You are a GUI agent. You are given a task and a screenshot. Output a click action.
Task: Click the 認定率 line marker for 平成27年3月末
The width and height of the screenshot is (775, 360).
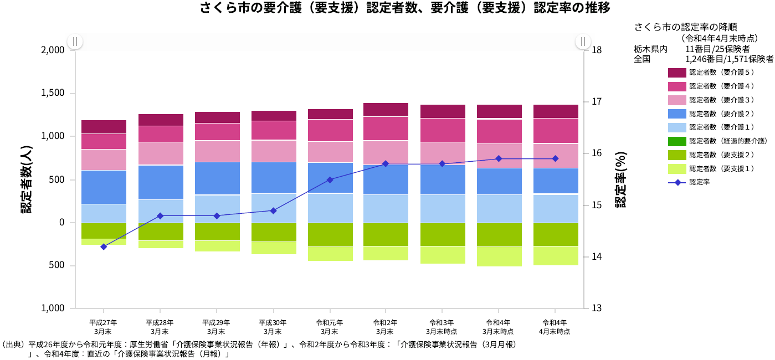pyautogui.click(x=104, y=246)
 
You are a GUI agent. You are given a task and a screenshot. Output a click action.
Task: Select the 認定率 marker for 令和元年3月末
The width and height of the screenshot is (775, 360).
pyautogui.click(x=330, y=179)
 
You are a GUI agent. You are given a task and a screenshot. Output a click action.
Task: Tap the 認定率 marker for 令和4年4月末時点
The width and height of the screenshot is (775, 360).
pyautogui.click(x=555, y=158)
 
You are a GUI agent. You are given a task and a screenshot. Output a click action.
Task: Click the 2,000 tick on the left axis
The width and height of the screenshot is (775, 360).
pyautogui.click(x=53, y=50)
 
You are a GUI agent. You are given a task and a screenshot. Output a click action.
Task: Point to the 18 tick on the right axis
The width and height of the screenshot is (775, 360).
pyautogui.click(x=597, y=50)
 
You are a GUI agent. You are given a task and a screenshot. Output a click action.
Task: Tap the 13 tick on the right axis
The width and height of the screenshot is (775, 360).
pyautogui.click(x=597, y=308)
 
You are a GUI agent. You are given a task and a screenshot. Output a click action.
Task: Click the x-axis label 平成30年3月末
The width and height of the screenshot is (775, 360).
pyautogui.click(x=273, y=327)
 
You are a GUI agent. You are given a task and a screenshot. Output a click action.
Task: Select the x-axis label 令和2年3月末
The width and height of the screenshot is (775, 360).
pyautogui.click(x=386, y=327)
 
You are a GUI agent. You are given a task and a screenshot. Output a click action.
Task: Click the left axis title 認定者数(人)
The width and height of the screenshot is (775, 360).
pyautogui.click(x=25, y=179)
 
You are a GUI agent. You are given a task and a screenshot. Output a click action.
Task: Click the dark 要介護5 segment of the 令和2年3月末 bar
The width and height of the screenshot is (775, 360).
pyautogui.click(x=386, y=110)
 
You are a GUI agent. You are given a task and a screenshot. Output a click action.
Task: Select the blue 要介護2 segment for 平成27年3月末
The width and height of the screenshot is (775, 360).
pyautogui.click(x=104, y=187)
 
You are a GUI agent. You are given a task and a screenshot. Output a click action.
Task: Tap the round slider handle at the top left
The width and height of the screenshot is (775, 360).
pyautogui.click(x=75, y=42)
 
